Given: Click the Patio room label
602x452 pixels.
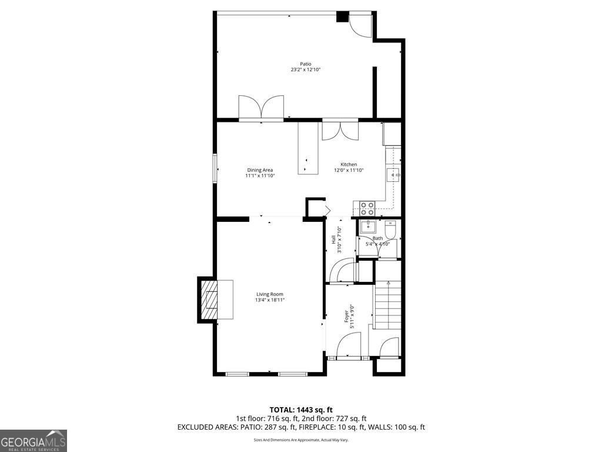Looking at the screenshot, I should click(305, 64).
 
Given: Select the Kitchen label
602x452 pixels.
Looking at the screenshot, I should click(349, 164).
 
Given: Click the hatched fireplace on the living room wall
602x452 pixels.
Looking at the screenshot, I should click(209, 300).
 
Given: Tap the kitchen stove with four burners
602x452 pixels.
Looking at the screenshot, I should click(367, 208).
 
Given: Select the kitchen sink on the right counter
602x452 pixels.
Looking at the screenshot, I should click(393, 174).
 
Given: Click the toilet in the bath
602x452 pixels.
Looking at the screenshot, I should click(391, 227).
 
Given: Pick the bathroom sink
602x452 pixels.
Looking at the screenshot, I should click(369, 227).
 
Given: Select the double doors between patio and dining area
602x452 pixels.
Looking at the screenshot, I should click(262, 108).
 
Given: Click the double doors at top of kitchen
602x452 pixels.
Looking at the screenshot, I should click(340, 130).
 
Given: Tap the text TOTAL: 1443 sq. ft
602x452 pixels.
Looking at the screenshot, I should click(301, 410).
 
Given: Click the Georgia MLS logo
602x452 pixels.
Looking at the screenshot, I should click(34, 441).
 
